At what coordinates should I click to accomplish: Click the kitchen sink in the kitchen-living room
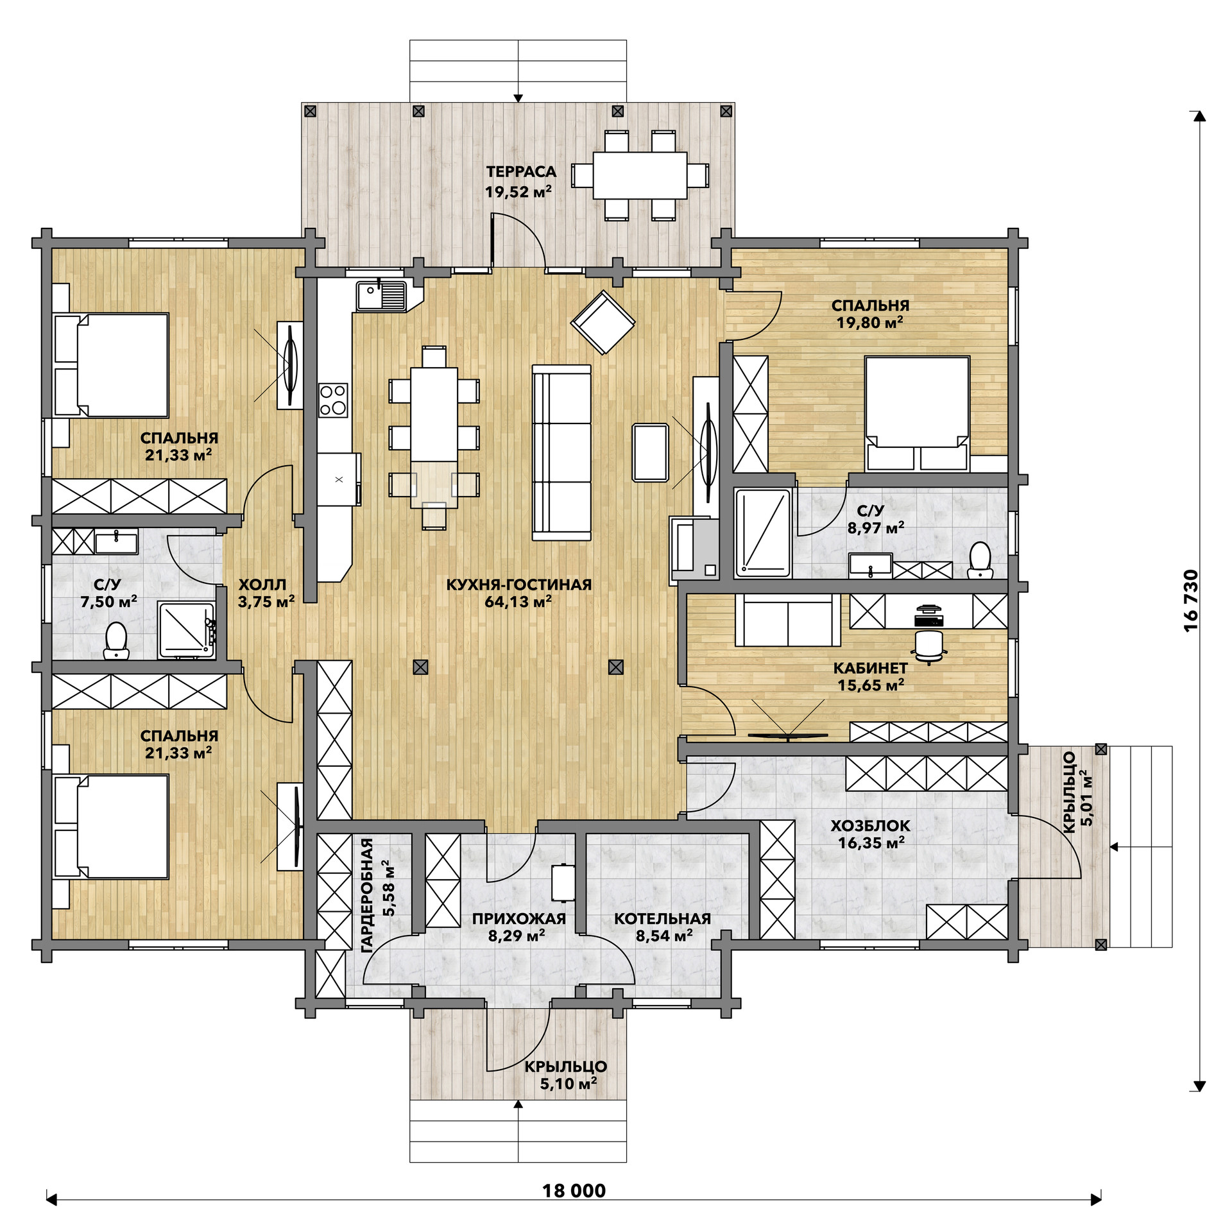[x=382, y=296]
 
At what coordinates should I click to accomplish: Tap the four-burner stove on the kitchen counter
[x=333, y=400]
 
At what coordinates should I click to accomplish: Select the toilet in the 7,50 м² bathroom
[x=116, y=640]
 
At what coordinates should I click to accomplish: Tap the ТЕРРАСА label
[x=521, y=171]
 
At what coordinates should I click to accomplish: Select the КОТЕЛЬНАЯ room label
[x=662, y=918]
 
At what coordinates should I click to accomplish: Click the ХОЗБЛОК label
[x=870, y=825]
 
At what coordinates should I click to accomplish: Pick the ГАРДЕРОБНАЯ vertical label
[x=367, y=895]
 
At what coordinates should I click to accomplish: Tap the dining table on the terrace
[x=640, y=175]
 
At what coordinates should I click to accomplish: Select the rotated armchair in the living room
[x=603, y=322]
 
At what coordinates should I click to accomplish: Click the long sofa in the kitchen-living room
[x=561, y=452]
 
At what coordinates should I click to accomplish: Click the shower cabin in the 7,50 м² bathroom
[x=186, y=630]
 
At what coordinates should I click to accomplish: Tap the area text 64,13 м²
[x=518, y=601]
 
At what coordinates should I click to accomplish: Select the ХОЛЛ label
[x=262, y=585]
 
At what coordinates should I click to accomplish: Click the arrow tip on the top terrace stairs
[x=518, y=102]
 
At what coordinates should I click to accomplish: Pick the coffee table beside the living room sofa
[x=651, y=452]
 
